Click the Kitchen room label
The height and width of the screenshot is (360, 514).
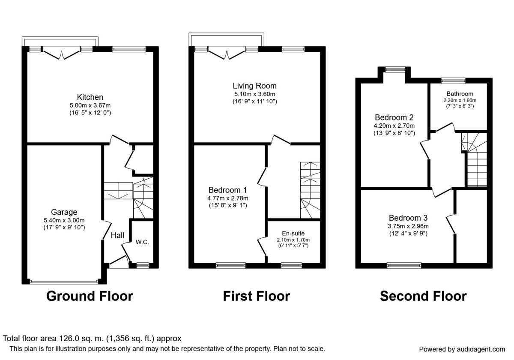[90, 97]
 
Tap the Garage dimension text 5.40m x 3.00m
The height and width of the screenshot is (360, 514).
[64, 220]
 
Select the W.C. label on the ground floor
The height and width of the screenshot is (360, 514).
[142, 242]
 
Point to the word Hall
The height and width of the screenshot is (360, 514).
[117, 235]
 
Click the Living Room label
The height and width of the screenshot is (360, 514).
[255, 86]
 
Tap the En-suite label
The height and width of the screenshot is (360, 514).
[293, 233]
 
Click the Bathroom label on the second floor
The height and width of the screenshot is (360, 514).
[460, 93]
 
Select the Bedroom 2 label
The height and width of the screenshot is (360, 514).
[394, 117]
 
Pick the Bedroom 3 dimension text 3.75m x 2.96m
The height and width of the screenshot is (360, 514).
[408, 226]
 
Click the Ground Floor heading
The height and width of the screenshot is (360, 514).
[90, 296]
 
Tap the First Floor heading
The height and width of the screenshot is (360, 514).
[256, 296]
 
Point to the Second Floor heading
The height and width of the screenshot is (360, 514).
[423, 296]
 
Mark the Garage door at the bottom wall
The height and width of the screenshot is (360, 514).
[64, 282]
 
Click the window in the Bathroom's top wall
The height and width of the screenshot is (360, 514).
[454, 80]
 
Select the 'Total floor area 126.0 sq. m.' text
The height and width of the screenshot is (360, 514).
[92, 338]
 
